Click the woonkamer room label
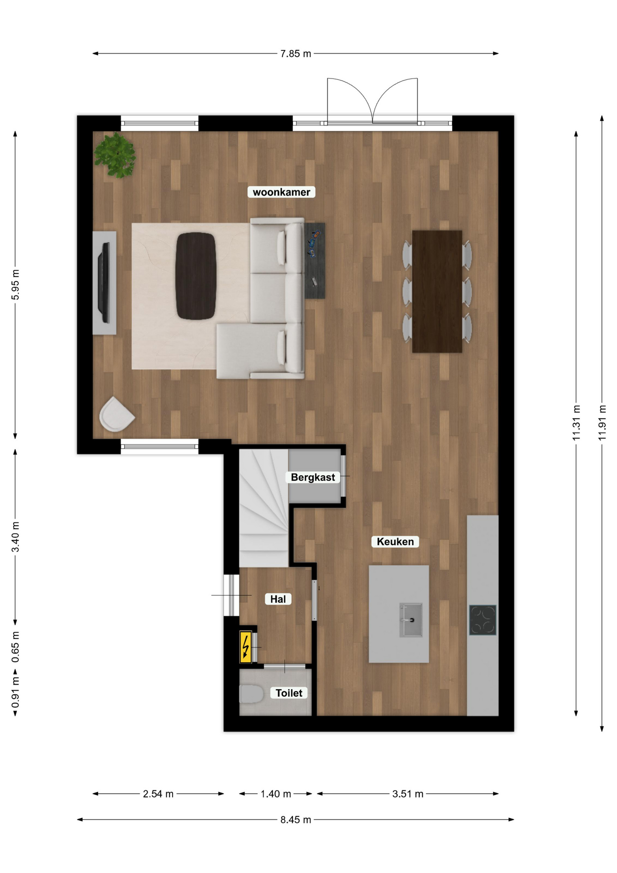tap(281, 192)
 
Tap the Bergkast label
tap(313, 477)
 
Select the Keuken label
tap(395, 542)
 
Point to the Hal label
tap(278, 599)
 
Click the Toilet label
tap(289, 693)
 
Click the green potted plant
tap(115, 155)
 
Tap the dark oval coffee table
tap(195, 276)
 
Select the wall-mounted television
tap(104, 283)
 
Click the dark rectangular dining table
tap(437, 291)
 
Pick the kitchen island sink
tap(411, 620)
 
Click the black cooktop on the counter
tap(483, 620)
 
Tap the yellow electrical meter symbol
tap(245, 647)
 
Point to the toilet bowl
tap(251, 695)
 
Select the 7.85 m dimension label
tap(295, 54)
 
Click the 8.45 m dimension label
tap(295, 820)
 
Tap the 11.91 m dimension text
tap(602, 422)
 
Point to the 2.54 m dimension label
tap(158, 794)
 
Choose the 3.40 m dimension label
tap(15, 537)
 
